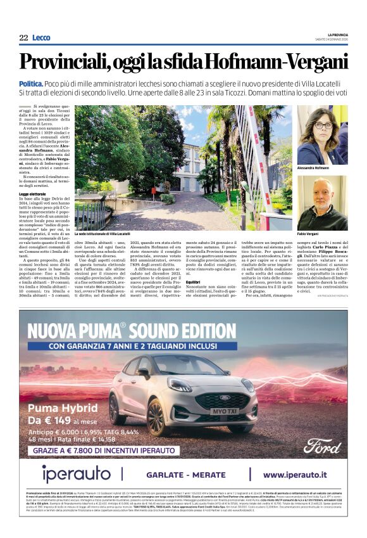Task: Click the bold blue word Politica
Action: click(31, 84)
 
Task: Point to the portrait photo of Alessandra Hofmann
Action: click(322, 135)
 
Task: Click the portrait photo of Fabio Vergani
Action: click(322, 203)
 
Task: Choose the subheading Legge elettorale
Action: click(32, 193)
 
